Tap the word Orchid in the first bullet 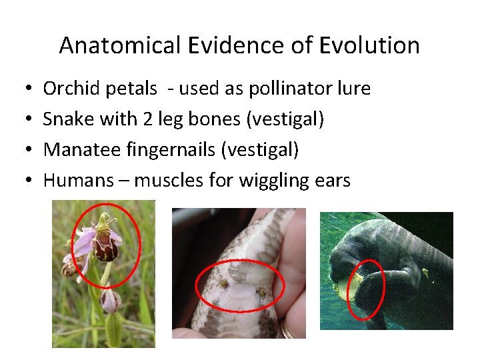tap(67, 88)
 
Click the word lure tap(354, 88)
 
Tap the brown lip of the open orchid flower tap(105, 248)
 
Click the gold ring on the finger tap(287, 329)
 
